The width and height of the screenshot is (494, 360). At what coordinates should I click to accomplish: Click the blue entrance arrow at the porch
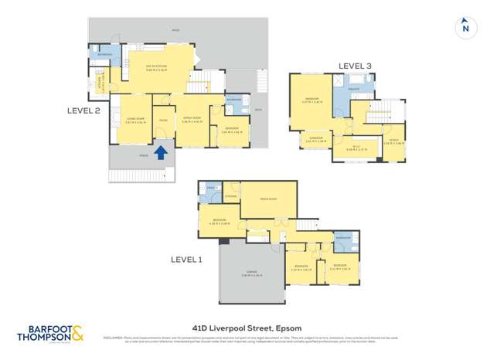coord(161,152)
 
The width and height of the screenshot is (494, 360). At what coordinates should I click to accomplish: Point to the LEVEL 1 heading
coord(186,260)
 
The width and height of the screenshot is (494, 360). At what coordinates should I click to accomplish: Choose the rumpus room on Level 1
coord(268,199)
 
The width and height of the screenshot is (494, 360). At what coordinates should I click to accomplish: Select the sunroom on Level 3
coord(316,140)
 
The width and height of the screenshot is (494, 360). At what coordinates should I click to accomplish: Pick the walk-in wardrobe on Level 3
coord(356,148)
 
